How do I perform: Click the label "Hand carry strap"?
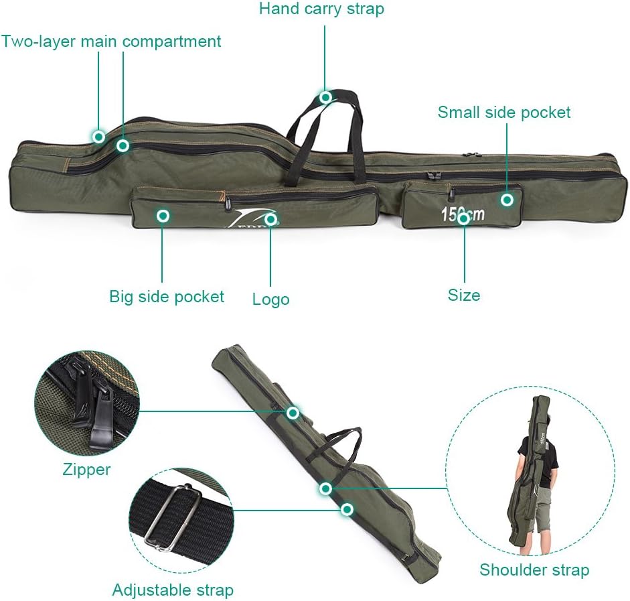click(x=321, y=9)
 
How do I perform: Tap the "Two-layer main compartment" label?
click(x=111, y=42)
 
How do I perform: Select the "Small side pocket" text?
click(x=504, y=112)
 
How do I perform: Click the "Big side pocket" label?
click(x=167, y=296)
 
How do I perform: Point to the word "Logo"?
click(x=270, y=299)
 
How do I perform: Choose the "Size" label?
click(x=464, y=295)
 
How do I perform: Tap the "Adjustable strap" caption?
click(x=173, y=590)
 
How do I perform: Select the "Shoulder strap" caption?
click(x=534, y=570)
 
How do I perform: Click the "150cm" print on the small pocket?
click(x=462, y=214)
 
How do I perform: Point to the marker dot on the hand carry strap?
click(x=326, y=98)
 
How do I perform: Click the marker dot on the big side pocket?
click(x=163, y=216)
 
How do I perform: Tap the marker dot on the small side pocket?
click(x=507, y=199)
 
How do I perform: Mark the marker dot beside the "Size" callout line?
click(x=463, y=218)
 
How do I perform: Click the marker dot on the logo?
click(x=270, y=218)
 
